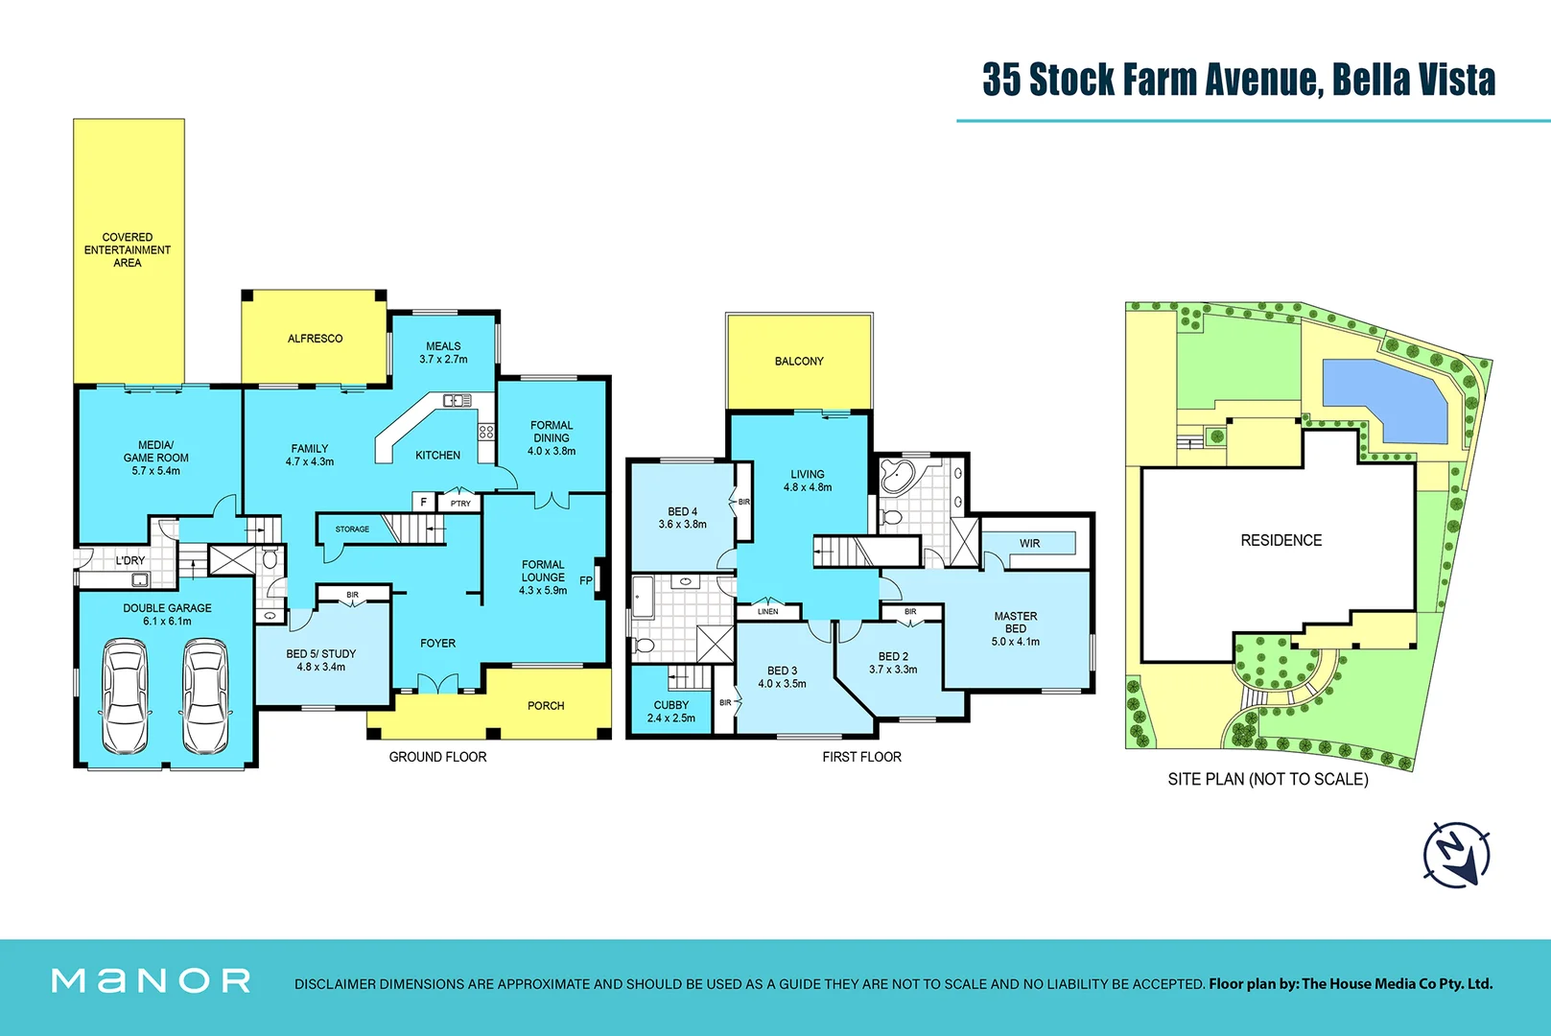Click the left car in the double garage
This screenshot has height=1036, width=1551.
coord(126,696)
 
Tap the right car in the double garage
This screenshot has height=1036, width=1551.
coord(206,696)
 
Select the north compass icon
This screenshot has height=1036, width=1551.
coord(1456,854)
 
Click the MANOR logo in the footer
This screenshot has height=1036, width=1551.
coord(152,980)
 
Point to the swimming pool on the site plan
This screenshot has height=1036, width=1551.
coord(1383,400)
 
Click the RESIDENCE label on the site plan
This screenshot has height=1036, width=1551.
coord(1281,541)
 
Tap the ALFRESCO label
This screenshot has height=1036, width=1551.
coord(315,339)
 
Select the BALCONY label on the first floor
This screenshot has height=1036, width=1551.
coord(799,362)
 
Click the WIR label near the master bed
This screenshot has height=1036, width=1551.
coord(1029,544)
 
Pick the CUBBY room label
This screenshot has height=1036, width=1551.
coord(671,705)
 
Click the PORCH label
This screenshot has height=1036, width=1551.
coord(546,706)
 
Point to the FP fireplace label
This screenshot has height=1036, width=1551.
coord(586,580)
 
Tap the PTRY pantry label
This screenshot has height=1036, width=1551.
coord(460,504)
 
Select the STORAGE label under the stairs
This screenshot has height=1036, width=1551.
coord(352,530)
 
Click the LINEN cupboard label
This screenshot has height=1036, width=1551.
coord(768,611)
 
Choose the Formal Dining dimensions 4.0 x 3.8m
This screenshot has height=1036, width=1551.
coord(552,451)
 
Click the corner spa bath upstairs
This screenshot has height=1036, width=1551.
coord(900,476)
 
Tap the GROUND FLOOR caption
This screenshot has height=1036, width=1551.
coord(437,757)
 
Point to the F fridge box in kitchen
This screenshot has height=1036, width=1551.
coord(424,502)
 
